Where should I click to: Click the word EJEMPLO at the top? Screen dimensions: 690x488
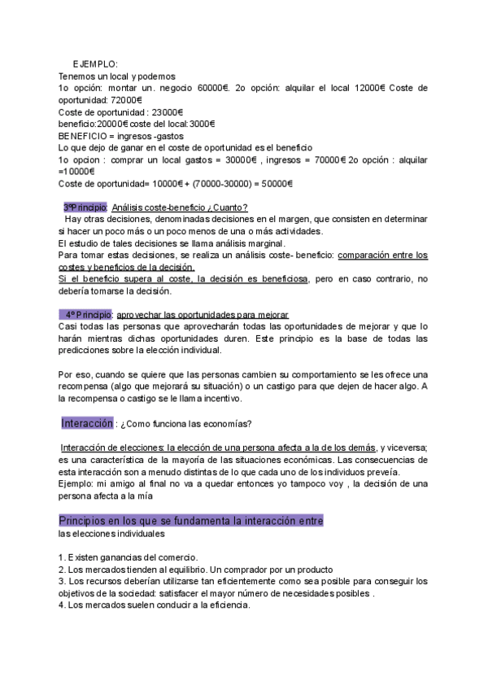pos(95,63)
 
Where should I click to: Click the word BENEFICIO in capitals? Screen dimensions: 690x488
pos(86,136)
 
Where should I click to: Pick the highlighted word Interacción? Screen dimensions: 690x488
pos(87,424)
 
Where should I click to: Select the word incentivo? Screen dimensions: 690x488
pos(216,400)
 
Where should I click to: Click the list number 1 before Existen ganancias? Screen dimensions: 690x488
pos(61,557)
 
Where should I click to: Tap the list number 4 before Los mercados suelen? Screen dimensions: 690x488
pos(61,605)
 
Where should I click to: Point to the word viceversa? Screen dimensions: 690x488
pos(405,448)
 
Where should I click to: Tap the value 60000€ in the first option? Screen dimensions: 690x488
pos(211,87)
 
